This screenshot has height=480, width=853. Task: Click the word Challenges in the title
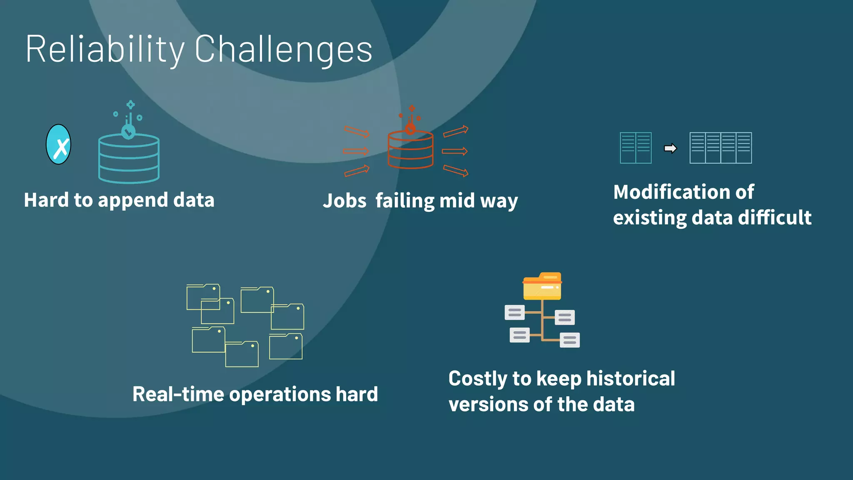click(x=283, y=49)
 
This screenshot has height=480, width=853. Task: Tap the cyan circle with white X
click(x=58, y=145)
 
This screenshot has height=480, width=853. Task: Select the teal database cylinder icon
click(x=129, y=158)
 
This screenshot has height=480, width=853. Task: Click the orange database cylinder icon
click(x=410, y=150)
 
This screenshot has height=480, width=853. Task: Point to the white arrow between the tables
click(x=670, y=148)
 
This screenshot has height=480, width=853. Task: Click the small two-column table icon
click(x=636, y=148)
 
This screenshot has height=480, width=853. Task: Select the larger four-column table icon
click(x=721, y=148)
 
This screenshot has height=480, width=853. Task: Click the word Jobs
click(x=344, y=201)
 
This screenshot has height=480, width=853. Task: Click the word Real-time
click(x=178, y=394)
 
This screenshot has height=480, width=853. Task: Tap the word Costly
click(x=478, y=379)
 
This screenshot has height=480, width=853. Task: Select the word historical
click(x=630, y=379)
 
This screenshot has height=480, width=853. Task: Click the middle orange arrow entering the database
click(x=356, y=151)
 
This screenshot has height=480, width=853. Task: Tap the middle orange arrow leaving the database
click(x=454, y=151)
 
